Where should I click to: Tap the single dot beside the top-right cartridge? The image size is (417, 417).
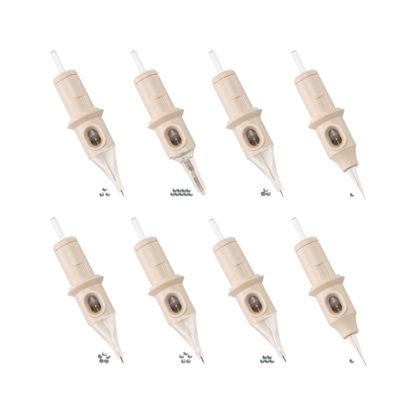coord(352,194)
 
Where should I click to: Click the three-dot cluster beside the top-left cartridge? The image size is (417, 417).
coord(105,192)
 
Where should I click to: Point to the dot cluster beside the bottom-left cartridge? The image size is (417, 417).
coord(104,358)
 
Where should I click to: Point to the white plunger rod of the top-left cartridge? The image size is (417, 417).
coord(57,62)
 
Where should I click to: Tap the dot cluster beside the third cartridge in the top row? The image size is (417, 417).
coord(264,192)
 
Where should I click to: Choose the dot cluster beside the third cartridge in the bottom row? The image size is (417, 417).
coord(266,359)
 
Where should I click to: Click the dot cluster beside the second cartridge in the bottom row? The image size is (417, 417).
coord(185,358)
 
